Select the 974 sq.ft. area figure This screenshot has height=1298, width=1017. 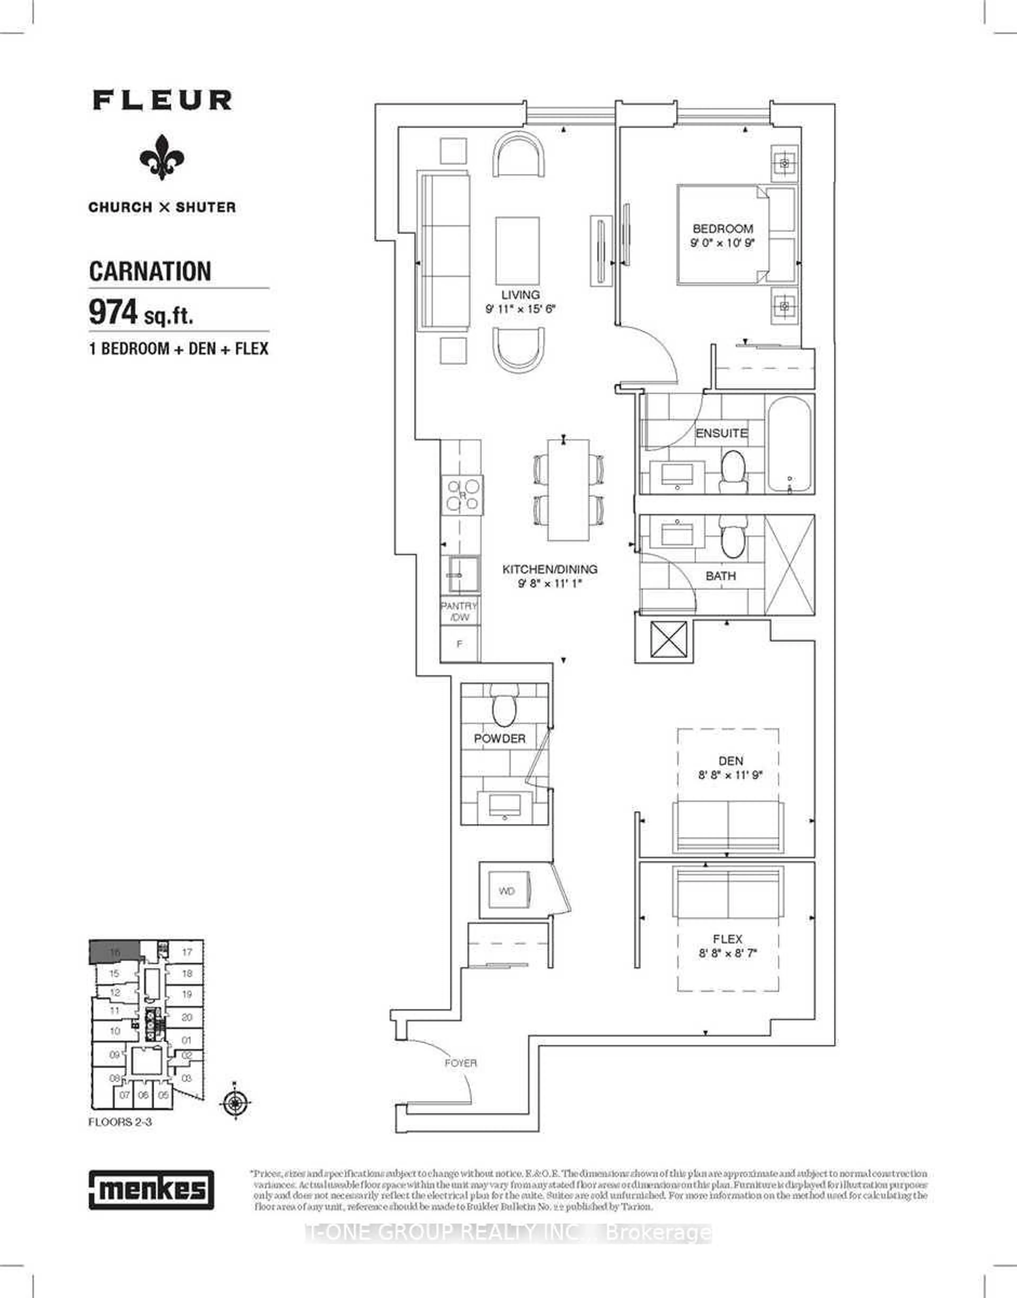[141, 312]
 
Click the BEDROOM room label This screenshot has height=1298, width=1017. [722, 229]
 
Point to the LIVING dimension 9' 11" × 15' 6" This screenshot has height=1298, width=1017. [520, 309]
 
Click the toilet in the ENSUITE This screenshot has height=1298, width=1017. [732, 469]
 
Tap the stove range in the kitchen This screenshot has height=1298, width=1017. [463, 495]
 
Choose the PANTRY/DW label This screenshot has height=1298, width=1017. [459, 611]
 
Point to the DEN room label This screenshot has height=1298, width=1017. [731, 760]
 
